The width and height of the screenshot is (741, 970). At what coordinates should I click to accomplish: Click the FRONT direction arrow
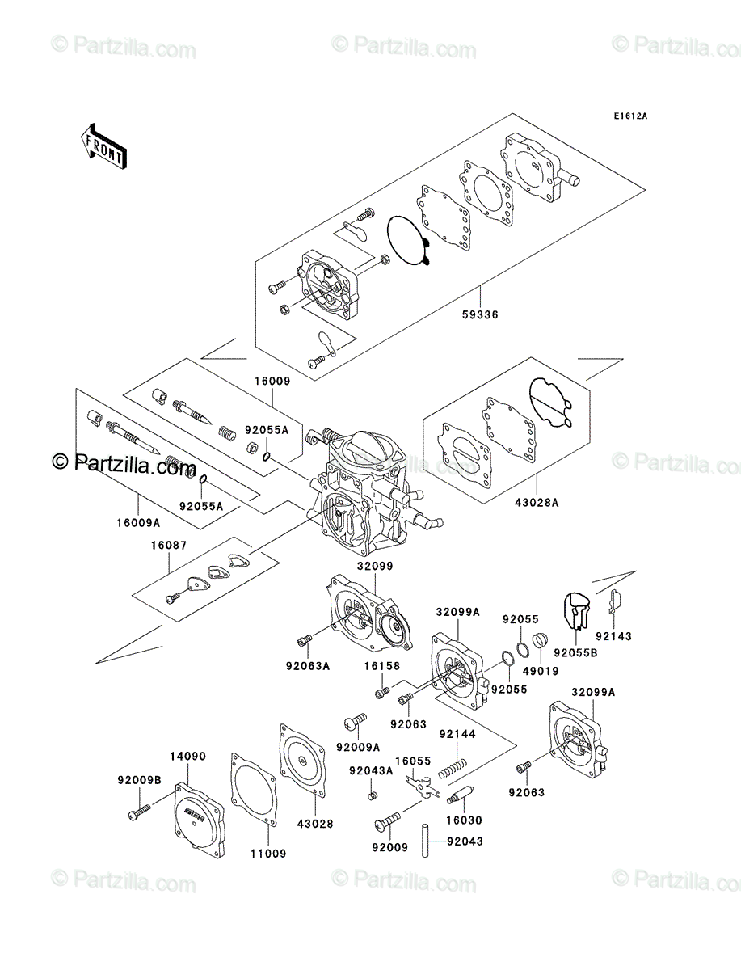103,145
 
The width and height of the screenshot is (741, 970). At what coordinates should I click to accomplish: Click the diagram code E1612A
629,116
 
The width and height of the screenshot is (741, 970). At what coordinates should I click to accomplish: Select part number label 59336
480,315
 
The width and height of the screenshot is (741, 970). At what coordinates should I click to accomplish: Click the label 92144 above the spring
457,734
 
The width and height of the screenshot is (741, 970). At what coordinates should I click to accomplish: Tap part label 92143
616,636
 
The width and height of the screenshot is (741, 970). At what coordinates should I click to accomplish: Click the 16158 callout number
379,666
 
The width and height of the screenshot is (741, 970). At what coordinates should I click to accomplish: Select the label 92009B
140,780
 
